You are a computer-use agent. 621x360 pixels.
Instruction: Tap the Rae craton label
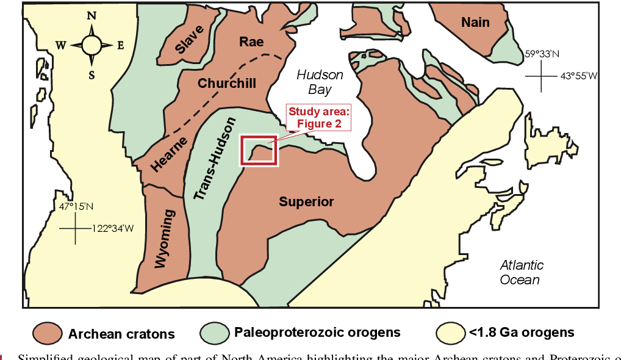click(x=251, y=41)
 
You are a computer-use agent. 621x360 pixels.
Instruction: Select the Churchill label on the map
click(x=227, y=84)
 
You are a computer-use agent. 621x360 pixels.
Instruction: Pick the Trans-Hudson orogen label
click(x=214, y=159)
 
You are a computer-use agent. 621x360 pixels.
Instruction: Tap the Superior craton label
click(x=306, y=202)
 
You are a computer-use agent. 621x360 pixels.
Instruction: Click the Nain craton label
click(x=475, y=23)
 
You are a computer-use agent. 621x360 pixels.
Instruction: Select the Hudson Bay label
click(x=320, y=82)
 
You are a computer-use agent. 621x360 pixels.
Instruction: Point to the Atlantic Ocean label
click(x=521, y=273)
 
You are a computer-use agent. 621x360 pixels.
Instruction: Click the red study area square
click(x=259, y=151)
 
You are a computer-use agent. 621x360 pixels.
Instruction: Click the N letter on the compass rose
click(x=92, y=16)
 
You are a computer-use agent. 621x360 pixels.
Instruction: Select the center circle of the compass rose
click(x=92, y=45)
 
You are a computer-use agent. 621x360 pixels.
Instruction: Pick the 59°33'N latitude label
click(x=542, y=54)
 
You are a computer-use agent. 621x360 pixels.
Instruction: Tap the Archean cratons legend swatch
click(x=48, y=333)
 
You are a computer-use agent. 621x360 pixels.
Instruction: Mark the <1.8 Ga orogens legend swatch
click(x=450, y=333)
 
